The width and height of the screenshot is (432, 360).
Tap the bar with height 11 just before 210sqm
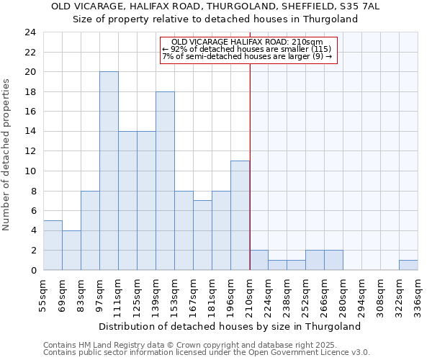click(240, 215)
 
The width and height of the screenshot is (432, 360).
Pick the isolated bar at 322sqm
click(408, 265)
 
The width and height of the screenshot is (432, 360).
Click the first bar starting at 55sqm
click(53, 246)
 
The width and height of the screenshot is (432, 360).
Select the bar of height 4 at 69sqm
click(71, 251)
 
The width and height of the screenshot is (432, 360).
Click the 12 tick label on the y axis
click(30, 151)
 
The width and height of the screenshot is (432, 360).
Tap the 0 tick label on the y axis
click(32, 270)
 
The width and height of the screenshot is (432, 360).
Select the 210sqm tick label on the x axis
click(250, 294)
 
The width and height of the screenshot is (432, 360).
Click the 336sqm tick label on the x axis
click(418, 294)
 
